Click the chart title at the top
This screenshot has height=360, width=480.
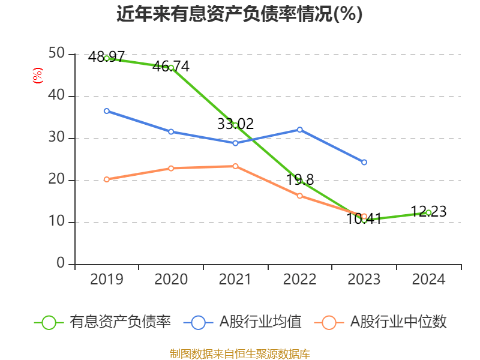pyautogui.click(x=239, y=14)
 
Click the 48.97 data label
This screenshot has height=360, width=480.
pyautogui.click(x=106, y=58)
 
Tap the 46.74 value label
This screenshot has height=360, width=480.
pyautogui.click(x=170, y=67)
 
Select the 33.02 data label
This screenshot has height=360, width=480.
pyautogui.click(x=235, y=124)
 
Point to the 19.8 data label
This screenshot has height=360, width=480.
pyautogui.click(x=300, y=179)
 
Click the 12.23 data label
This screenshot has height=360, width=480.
pyautogui.click(x=428, y=212)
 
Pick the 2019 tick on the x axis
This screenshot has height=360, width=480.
pyautogui.click(x=106, y=279)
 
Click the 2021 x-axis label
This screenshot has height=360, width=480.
pyautogui.click(x=235, y=279)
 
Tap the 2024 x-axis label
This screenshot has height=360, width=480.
pyautogui.click(x=428, y=279)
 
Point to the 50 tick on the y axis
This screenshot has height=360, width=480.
pyautogui.click(x=57, y=54)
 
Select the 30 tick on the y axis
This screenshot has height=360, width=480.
pyautogui.click(x=57, y=138)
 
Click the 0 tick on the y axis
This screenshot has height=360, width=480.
pyautogui.click(x=61, y=264)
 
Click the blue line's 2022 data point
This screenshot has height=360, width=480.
pyautogui.click(x=300, y=130)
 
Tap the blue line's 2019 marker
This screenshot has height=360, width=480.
pyautogui.click(x=107, y=111)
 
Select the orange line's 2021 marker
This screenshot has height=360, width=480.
pyautogui.click(x=235, y=166)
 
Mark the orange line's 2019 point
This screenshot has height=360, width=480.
pyautogui.click(x=107, y=179)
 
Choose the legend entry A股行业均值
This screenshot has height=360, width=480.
pyautogui.click(x=246, y=322)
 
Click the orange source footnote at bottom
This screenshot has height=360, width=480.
pyautogui.click(x=239, y=353)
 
